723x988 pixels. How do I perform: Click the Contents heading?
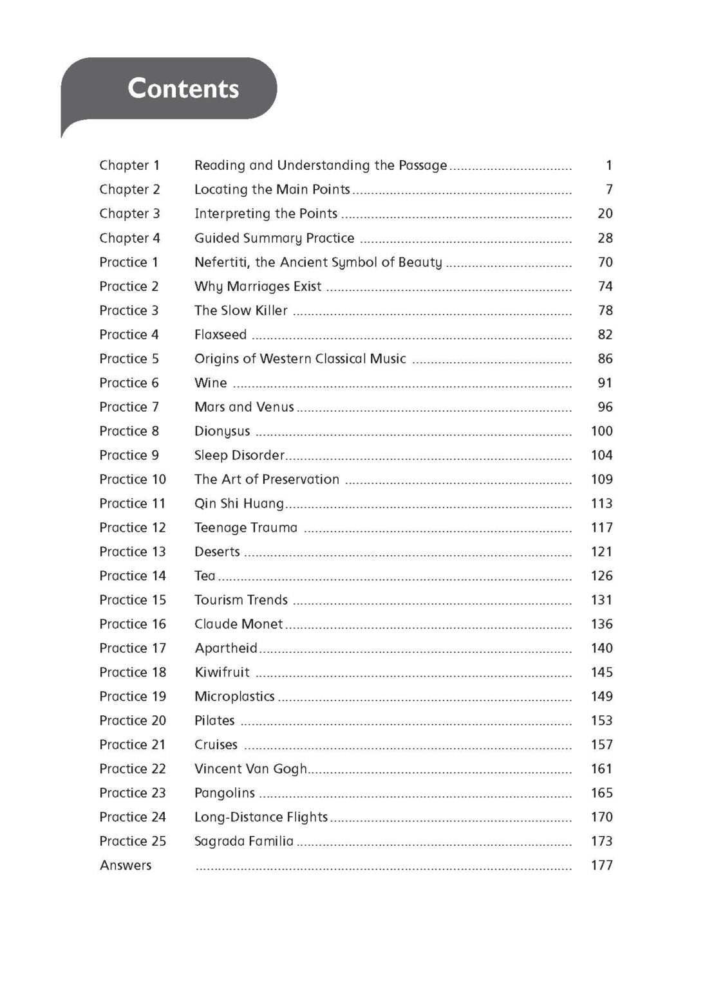coord(183,88)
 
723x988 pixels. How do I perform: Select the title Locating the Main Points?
coord(272,189)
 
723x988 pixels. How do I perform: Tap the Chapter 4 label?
coord(129,238)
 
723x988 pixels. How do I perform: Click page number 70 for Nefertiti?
coord(605,262)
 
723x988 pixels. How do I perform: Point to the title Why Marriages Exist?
coord(258,286)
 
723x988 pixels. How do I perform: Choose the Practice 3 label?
coord(129,310)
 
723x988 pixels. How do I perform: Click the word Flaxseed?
coord(220,334)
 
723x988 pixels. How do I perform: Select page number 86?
coord(605,358)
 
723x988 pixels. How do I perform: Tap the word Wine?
coord(211,383)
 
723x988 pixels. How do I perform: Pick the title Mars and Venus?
coord(244,407)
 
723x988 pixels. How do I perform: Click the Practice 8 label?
coord(129,431)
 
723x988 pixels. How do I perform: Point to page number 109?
coord(601,479)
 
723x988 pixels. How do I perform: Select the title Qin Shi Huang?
coord(239,503)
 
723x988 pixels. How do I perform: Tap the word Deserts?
coord(217,551)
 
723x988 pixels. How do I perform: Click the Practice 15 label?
coord(133,599)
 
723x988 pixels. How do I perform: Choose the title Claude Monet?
coord(238,624)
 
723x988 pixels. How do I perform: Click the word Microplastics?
coord(234,696)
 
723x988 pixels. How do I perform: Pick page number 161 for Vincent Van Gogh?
coord(601,769)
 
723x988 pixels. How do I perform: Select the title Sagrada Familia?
coord(243,841)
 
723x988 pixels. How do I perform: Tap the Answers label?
coord(126,865)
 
